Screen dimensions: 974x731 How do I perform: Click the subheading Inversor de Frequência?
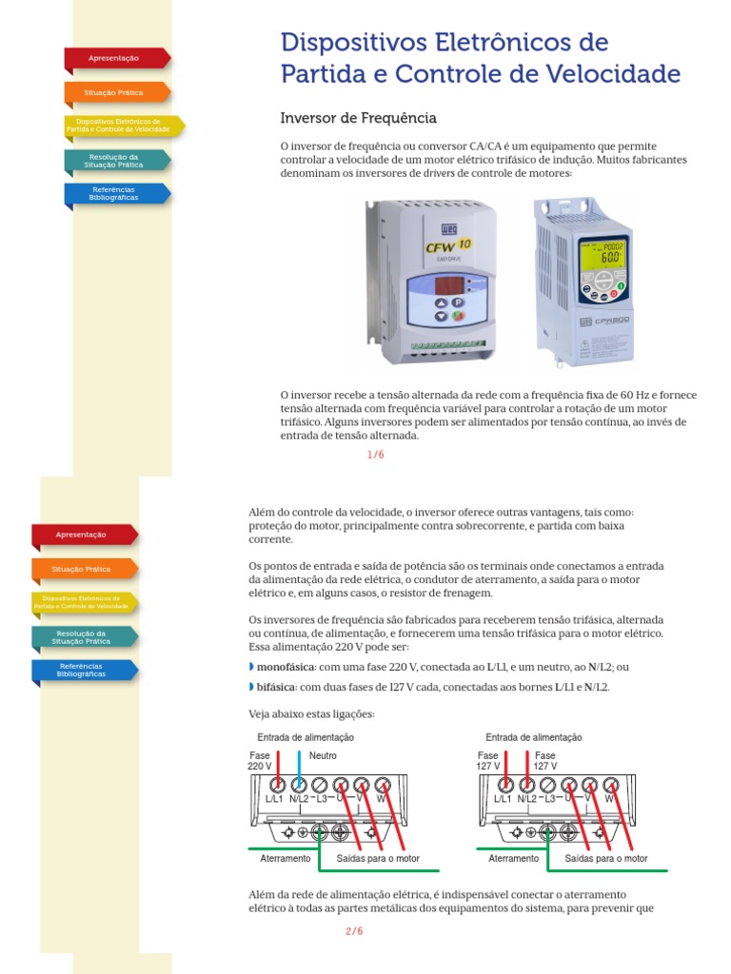(358, 118)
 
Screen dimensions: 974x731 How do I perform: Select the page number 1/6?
(376, 455)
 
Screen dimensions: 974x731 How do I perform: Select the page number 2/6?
(354, 931)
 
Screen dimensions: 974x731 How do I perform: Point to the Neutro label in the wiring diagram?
(323, 755)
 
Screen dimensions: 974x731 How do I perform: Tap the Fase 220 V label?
(260, 760)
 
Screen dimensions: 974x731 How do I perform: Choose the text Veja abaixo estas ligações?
(311, 714)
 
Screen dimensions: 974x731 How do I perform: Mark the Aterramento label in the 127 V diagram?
(513, 858)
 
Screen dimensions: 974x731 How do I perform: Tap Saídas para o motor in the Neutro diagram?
(378, 858)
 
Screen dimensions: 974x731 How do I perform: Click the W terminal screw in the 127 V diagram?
(610, 785)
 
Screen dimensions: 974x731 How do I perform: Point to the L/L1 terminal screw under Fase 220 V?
(277, 785)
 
